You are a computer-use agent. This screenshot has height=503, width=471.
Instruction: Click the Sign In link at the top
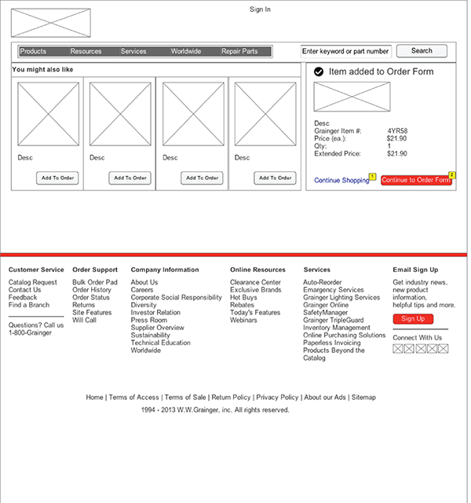(260, 9)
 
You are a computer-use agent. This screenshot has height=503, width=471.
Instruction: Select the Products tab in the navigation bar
(33, 51)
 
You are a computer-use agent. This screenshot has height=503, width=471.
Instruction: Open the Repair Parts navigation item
(239, 51)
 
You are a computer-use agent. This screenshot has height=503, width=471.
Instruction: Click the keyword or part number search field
(345, 51)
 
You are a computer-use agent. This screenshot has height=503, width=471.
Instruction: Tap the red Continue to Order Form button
(416, 180)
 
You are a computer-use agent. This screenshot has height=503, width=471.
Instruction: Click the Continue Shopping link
(341, 180)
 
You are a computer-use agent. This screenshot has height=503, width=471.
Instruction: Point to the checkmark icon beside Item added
(319, 72)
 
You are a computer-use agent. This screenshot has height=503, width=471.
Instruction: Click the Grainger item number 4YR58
(397, 131)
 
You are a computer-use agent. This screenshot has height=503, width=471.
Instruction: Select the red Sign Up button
(413, 318)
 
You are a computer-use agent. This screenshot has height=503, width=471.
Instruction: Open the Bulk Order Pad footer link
(95, 282)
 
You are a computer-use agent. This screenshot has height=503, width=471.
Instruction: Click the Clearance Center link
(255, 282)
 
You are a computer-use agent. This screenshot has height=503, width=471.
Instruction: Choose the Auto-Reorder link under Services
(323, 282)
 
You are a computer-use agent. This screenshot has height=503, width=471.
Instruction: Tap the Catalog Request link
(33, 282)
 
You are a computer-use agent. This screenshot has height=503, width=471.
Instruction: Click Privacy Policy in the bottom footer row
(277, 397)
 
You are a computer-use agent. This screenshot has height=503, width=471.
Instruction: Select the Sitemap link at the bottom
(363, 397)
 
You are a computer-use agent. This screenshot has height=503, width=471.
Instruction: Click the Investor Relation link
(155, 313)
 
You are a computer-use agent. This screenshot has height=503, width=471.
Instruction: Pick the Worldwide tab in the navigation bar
(186, 51)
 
